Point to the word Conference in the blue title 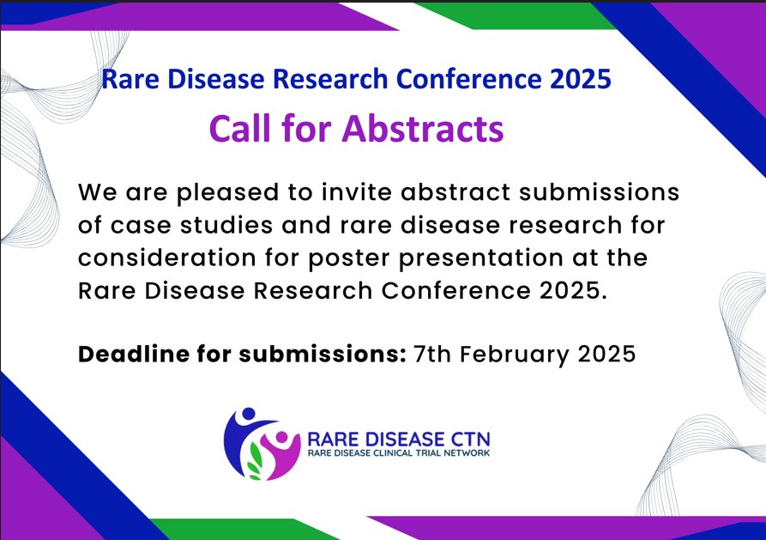tap(467, 80)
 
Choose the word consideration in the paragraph tap(160, 258)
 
